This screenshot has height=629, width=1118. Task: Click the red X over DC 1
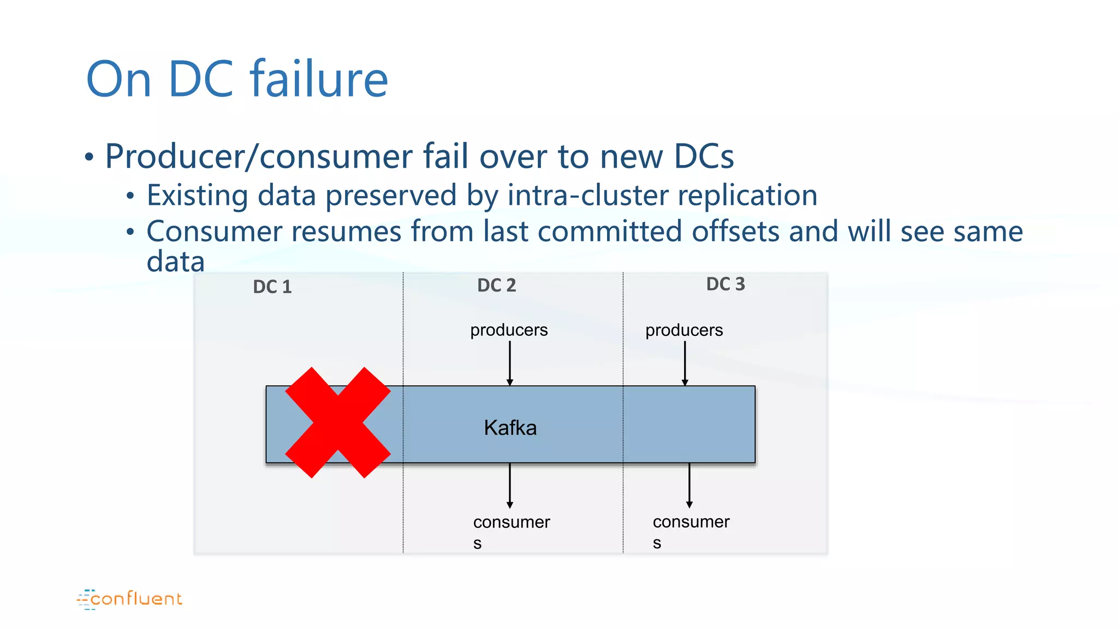pos(338,423)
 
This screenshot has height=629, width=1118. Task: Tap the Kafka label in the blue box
pos(510,428)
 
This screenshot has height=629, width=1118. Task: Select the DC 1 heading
pos(272,287)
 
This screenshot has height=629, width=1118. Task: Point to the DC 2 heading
pos(496,285)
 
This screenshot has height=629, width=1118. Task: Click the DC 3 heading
pos(725,284)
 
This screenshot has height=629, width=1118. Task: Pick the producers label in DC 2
pos(509,330)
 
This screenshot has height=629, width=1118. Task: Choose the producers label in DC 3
pos(684,330)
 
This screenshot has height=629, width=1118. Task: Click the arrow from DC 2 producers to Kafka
pos(510,363)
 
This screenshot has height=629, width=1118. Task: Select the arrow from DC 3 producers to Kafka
pos(685,363)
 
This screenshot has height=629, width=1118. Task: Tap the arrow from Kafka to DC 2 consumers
pos(510,485)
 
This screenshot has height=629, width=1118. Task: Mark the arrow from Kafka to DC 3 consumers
pos(689,485)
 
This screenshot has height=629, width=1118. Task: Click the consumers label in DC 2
pos(512,530)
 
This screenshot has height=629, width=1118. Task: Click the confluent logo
pos(130,599)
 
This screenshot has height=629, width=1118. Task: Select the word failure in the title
pos(319,79)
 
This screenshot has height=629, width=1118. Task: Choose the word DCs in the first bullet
pos(704,157)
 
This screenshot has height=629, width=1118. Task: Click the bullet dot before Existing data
pos(130,196)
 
